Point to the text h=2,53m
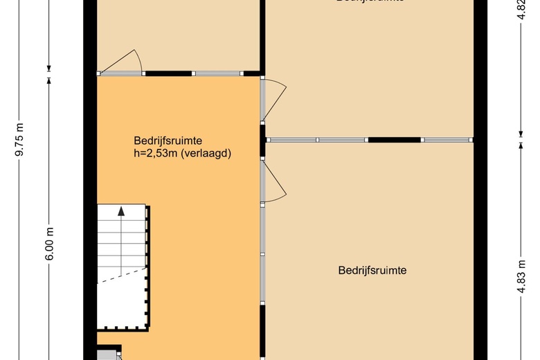tap(156, 154)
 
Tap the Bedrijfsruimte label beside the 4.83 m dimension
tap(372, 271)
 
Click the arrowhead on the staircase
tap(122, 211)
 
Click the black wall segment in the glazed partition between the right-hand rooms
tap(395, 140)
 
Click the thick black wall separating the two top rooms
tap(262, 35)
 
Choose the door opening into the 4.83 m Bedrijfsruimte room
tap(275, 181)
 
